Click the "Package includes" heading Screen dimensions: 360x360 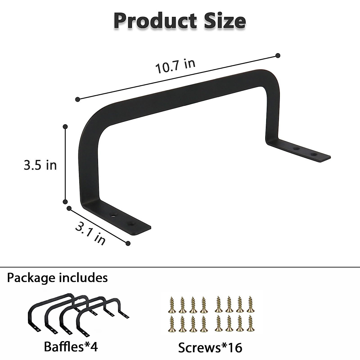click(57, 277)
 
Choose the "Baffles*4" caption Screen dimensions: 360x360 click(71, 347)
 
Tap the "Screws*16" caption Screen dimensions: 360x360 click(210, 348)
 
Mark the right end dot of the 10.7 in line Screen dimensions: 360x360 click(278, 55)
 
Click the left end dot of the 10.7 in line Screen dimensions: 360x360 click(77, 99)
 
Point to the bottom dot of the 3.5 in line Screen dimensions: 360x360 click(65, 202)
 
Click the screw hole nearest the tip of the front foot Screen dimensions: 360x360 click(131, 223)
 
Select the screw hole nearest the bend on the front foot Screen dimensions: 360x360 click(114, 215)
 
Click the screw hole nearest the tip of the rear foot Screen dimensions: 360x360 click(314, 155)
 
